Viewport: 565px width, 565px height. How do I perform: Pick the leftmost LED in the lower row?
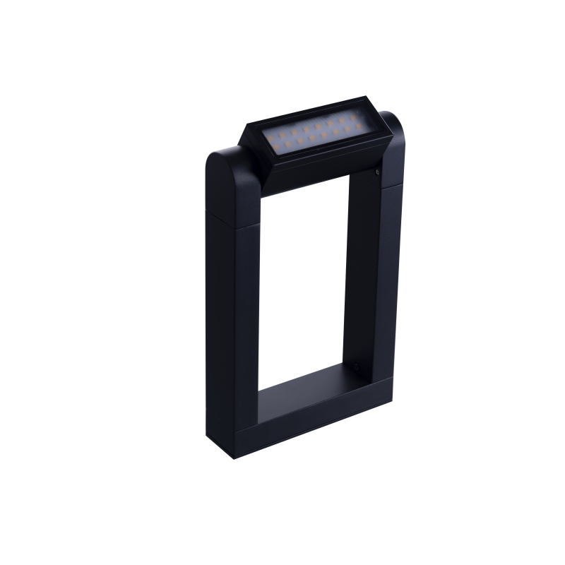click(270, 144)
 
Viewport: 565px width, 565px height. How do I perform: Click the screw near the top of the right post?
click(379, 170)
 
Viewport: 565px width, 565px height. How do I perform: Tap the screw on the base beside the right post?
click(358, 367)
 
